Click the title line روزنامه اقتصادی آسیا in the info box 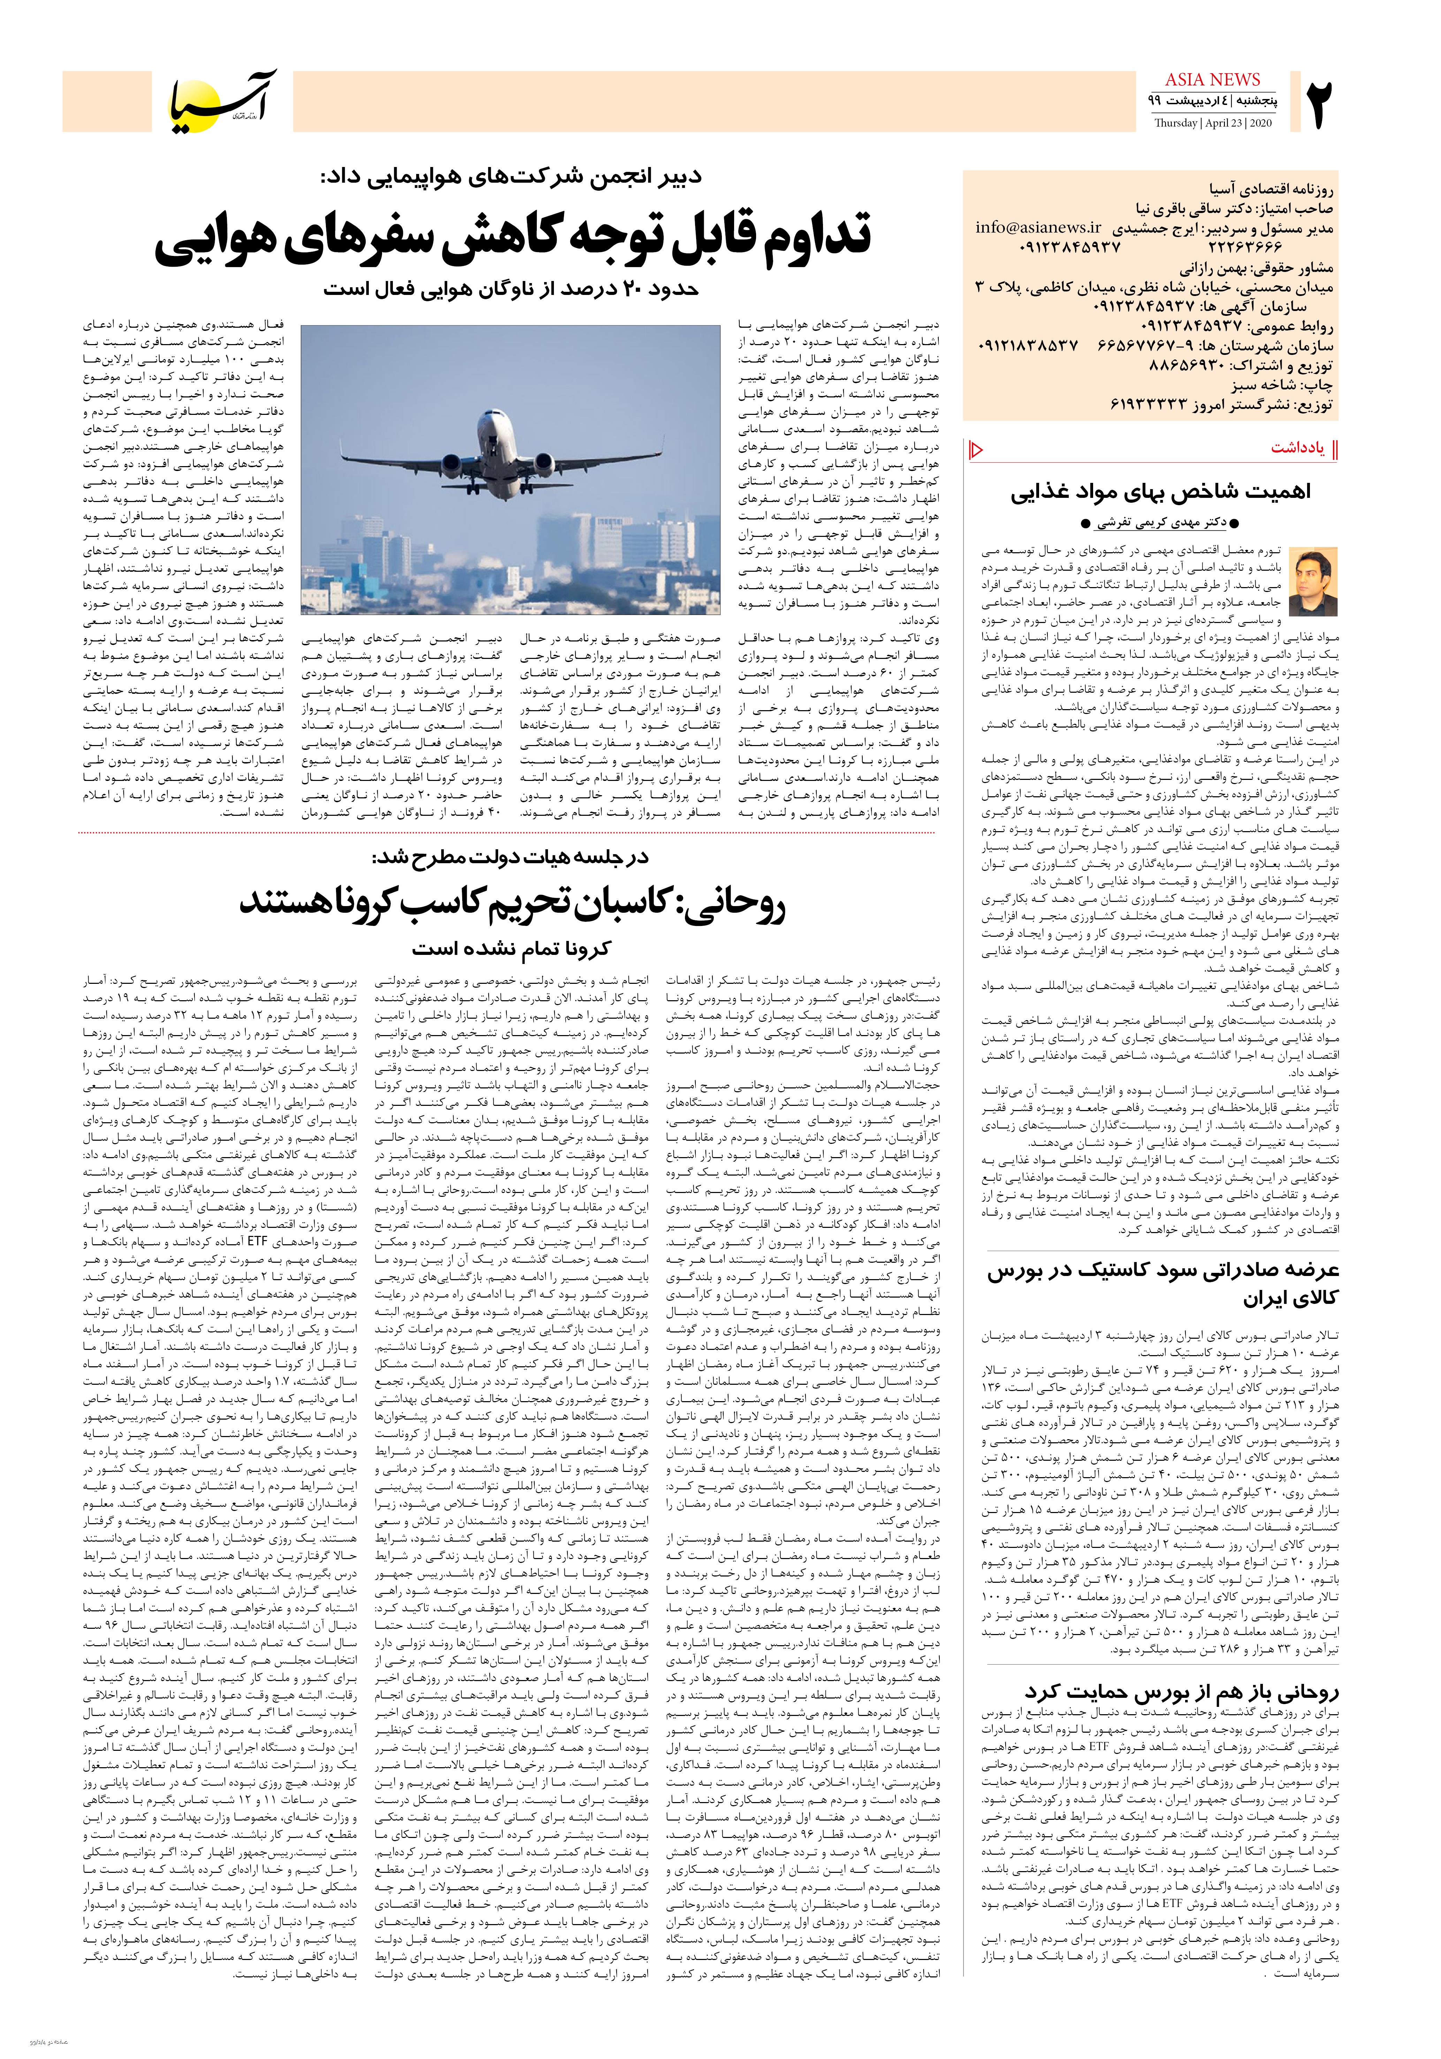1277,189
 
